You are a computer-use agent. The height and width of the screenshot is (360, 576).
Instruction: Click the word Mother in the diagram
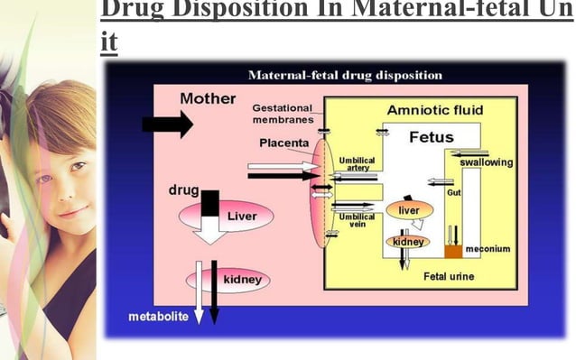(208, 98)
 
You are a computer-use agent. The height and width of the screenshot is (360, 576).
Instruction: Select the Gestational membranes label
(283, 114)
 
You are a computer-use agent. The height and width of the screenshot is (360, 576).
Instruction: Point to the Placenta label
(283, 143)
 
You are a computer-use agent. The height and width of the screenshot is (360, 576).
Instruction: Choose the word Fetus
(431, 137)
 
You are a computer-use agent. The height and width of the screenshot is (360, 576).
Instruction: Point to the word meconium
(488, 249)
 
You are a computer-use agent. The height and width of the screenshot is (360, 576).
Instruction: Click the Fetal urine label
(449, 275)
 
